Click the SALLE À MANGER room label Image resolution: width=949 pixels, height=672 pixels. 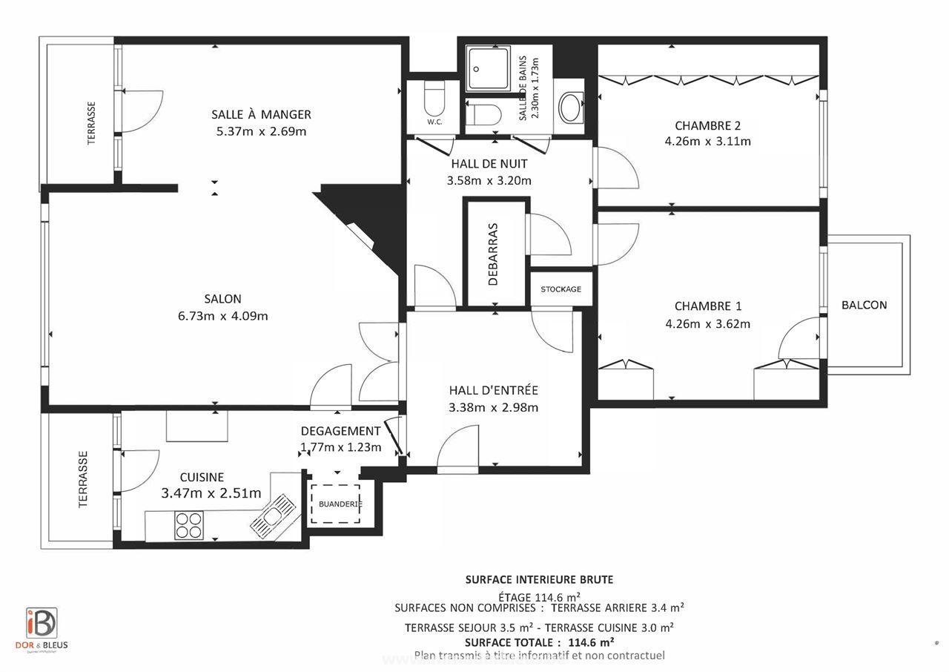tap(261, 114)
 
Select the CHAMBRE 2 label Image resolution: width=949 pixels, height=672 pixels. tap(707, 125)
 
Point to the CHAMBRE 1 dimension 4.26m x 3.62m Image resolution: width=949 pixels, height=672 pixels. tap(707, 323)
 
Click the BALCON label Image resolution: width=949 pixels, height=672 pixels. tap(864, 305)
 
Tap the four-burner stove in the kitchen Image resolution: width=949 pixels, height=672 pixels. tap(188, 525)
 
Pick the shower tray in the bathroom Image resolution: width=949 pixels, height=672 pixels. tap(488, 69)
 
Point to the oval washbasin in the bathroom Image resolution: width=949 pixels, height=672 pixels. tap(571, 108)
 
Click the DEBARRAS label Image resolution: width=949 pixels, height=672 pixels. tap(495, 251)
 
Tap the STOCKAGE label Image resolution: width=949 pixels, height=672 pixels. tap(561, 289)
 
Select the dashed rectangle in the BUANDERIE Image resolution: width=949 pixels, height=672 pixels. tap(335, 504)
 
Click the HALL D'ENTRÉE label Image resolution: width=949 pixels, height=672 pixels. tap(493, 390)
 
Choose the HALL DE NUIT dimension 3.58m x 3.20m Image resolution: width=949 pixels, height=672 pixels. tap(489, 180)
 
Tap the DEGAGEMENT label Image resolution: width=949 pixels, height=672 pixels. tap(340, 431)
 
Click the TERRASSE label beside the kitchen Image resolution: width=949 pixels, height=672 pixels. tap(83, 479)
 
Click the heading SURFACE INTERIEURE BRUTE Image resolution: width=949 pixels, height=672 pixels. tap(539, 579)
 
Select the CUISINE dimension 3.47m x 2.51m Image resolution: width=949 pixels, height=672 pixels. tap(211, 493)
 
